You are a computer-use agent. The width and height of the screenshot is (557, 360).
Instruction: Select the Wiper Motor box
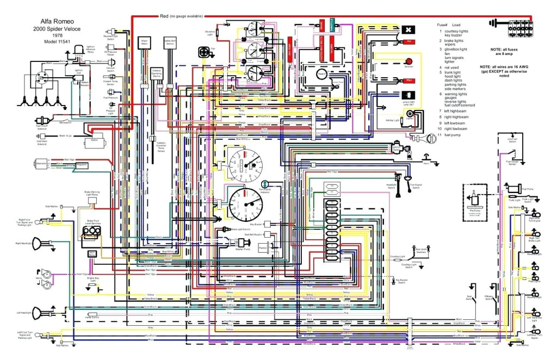145,44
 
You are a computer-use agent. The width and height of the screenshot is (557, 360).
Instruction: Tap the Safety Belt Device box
170,44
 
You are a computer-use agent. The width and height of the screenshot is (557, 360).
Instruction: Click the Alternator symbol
41,163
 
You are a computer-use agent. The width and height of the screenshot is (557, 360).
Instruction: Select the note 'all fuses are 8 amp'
505,52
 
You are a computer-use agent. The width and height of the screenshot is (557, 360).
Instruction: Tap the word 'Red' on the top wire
164,16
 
